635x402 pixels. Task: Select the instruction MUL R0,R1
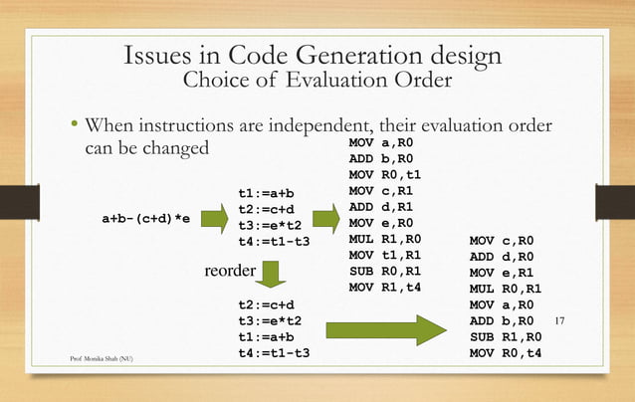(503, 288)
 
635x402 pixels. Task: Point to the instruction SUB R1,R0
(503, 336)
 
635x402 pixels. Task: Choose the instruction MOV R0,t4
(503, 353)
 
